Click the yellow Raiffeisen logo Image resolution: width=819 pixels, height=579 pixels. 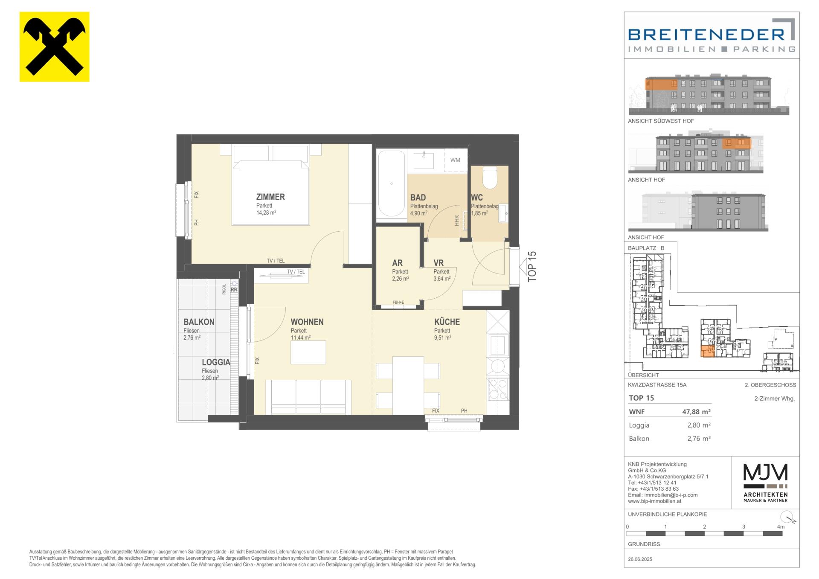click(55, 47)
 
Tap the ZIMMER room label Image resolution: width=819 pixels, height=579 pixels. click(270, 197)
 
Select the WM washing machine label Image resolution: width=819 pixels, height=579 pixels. click(455, 160)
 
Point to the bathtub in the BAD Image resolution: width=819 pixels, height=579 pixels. click(392, 184)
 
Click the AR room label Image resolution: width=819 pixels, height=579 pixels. click(397, 263)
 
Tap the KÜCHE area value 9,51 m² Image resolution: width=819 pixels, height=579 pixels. click(443, 338)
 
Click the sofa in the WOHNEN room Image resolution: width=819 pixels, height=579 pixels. click(308, 397)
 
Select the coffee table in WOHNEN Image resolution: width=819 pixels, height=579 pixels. click(308, 352)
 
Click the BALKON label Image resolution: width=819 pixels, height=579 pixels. click(199, 322)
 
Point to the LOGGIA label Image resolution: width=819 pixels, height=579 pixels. click(216, 362)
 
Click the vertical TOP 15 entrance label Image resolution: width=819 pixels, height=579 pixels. click(532, 266)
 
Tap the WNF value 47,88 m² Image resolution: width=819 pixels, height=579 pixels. click(697, 412)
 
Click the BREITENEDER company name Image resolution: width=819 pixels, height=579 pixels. click(706, 34)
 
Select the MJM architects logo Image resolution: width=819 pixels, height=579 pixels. click(766, 483)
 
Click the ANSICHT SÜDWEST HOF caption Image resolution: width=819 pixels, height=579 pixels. click(661, 121)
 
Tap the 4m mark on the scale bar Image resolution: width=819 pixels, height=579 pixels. click(781, 527)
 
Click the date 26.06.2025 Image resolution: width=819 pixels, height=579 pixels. click(640, 559)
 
